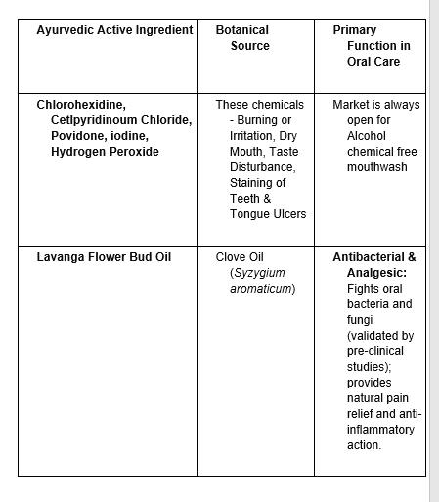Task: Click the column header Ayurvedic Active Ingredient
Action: pyautogui.click(x=114, y=30)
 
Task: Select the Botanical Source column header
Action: pyautogui.click(x=249, y=38)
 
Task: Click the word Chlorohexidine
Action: pyautogui.click(x=81, y=104)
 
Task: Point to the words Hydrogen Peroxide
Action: pyautogui.click(x=105, y=152)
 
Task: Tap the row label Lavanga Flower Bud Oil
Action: pyautogui.click(x=104, y=257)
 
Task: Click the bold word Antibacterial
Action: pyautogui.click(x=369, y=257)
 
